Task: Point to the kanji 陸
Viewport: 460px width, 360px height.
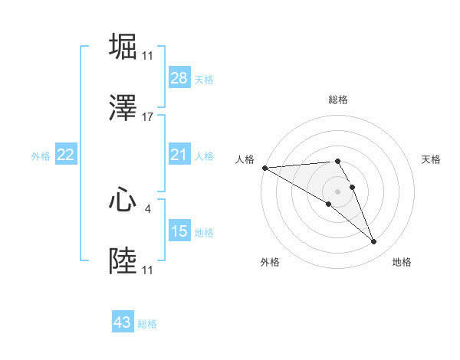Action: tap(123, 261)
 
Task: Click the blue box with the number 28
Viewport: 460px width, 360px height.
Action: tap(179, 78)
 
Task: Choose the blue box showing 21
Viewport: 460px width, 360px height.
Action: tap(179, 155)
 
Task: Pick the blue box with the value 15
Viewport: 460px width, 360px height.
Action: tap(179, 231)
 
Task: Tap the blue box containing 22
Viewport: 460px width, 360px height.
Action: tap(66, 155)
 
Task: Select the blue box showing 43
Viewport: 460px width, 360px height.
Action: tap(123, 322)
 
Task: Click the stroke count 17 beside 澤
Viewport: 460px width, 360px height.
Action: tap(148, 117)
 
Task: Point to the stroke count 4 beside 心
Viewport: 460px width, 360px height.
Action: tap(148, 208)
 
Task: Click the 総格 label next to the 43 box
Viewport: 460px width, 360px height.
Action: tap(147, 324)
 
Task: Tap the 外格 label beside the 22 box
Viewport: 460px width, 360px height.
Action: tap(41, 156)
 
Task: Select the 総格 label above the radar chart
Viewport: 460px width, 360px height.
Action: tap(338, 100)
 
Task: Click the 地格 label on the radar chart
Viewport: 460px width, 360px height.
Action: tap(402, 262)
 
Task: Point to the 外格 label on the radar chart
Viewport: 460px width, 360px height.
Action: tap(270, 262)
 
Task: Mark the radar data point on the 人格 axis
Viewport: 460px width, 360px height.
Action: tap(264, 168)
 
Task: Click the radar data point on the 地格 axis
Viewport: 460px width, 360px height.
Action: tap(374, 242)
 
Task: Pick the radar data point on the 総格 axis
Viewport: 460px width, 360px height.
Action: tap(337, 161)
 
